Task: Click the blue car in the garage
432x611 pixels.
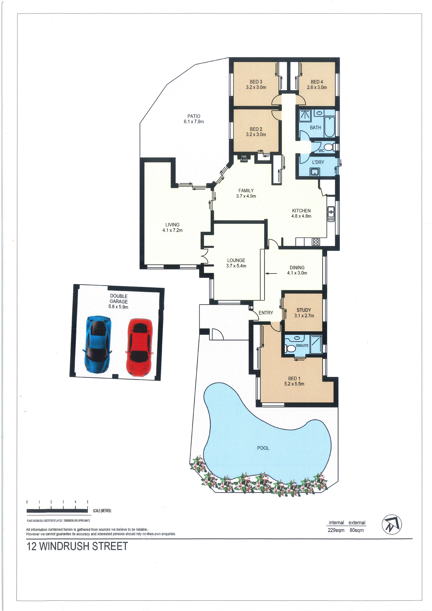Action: click(x=97, y=344)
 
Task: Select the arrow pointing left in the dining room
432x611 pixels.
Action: click(x=271, y=273)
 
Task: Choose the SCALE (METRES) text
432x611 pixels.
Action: click(x=102, y=511)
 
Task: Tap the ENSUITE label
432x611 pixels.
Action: click(x=302, y=345)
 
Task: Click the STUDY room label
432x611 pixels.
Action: click(x=304, y=310)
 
